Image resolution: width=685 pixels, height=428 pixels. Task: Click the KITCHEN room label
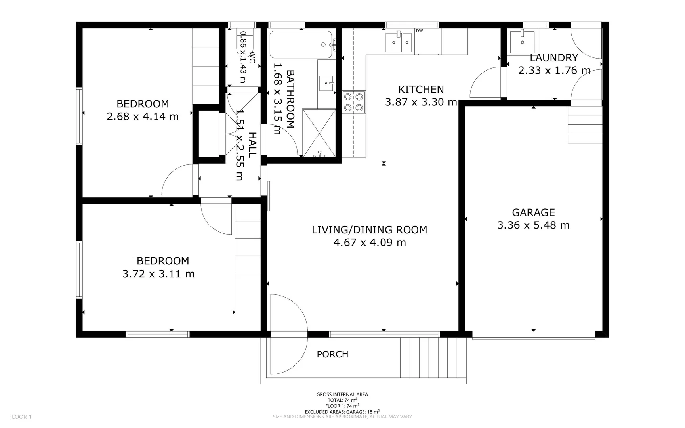tap(421, 89)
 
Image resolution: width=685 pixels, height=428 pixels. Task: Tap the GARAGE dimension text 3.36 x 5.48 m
tap(533, 225)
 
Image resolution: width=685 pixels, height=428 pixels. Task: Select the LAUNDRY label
tap(554, 58)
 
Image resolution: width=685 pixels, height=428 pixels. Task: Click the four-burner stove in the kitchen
tap(354, 102)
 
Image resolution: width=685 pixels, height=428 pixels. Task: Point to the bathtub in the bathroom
tap(301, 44)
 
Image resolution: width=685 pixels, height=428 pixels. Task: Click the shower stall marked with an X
tap(319, 133)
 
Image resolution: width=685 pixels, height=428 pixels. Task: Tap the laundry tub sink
tap(522, 41)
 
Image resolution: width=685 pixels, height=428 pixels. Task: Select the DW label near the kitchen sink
tap(419, 31)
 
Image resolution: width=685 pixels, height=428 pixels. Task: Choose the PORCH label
tap(332, 354)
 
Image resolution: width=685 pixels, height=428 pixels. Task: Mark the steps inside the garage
tap(585, 124)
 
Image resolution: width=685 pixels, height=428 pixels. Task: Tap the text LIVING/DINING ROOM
tap(369, 230)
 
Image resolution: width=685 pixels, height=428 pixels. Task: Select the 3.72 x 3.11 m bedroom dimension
tap(158, 274)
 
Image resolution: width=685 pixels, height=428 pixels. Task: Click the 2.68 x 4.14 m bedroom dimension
tap(143, 117)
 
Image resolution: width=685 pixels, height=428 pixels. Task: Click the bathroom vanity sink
tap(327, 83)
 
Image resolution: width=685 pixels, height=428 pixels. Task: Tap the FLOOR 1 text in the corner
tap(20, 417)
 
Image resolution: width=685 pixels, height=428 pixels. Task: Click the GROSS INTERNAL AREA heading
tap(342, 394)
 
